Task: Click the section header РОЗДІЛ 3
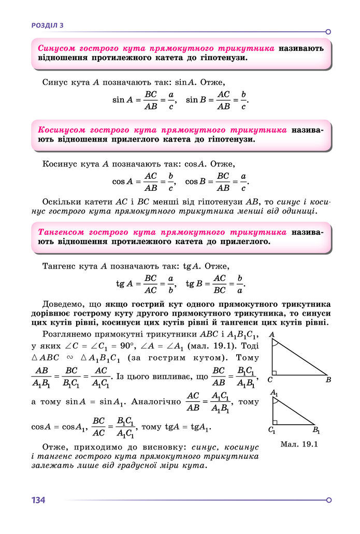pos(48,25)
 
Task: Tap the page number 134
pos(38,500)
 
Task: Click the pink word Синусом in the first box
pos(58,48)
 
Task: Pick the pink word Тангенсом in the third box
pos(61,232)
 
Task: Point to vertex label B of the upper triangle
pos(328,380)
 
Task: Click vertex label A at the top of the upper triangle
pos(271,334)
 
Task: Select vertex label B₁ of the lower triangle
pos(316,430)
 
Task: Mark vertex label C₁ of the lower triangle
pos(272,430)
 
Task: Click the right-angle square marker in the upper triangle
pos(275,372)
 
